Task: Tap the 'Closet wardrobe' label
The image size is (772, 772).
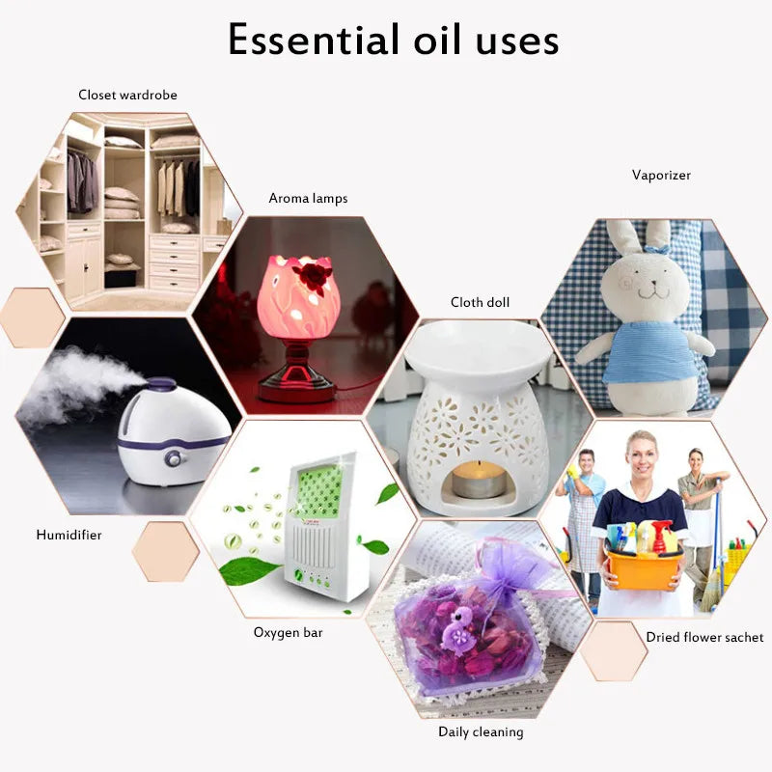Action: (x=127, y=95)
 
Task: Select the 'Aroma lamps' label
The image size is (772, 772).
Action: (x=308, y=199)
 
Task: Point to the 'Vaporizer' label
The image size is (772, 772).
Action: (x=661, y=175)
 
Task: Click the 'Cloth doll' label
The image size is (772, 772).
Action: (x=480, y=302)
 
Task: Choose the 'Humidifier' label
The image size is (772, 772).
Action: (x=69, y=534)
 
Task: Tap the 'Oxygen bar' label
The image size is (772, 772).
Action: (x=288, y=632)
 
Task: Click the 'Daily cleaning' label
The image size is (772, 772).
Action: (x=481, y=731)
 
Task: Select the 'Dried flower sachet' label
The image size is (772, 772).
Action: (x=705, y=637)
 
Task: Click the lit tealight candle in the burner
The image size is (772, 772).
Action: (x=479, y=476)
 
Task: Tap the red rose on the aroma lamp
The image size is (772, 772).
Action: (x=312, y=277)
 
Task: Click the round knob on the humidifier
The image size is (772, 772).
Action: (x=175, y=457)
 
